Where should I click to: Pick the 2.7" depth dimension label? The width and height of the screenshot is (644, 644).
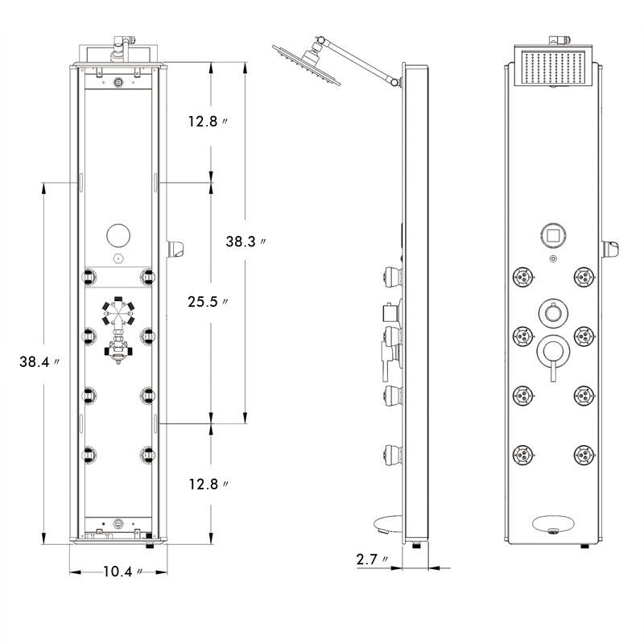375,558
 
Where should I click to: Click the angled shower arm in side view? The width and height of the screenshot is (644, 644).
359,58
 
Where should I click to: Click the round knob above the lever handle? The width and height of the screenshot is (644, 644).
552,311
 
